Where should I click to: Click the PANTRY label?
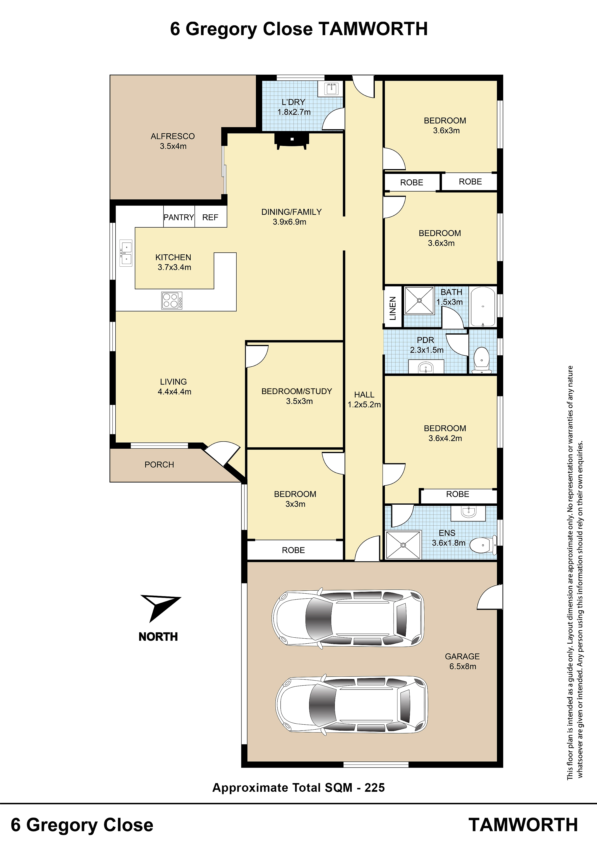(x=179, y=218)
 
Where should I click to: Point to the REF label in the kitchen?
(x=210, y=218)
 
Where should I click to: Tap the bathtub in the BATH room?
(x=483, y=307)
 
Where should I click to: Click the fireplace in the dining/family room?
(x=291, y=141)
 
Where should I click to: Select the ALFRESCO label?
(x=173, y=136)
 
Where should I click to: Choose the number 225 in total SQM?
(x=375, y=788)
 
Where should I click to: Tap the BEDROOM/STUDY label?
(x=297, y=391)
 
